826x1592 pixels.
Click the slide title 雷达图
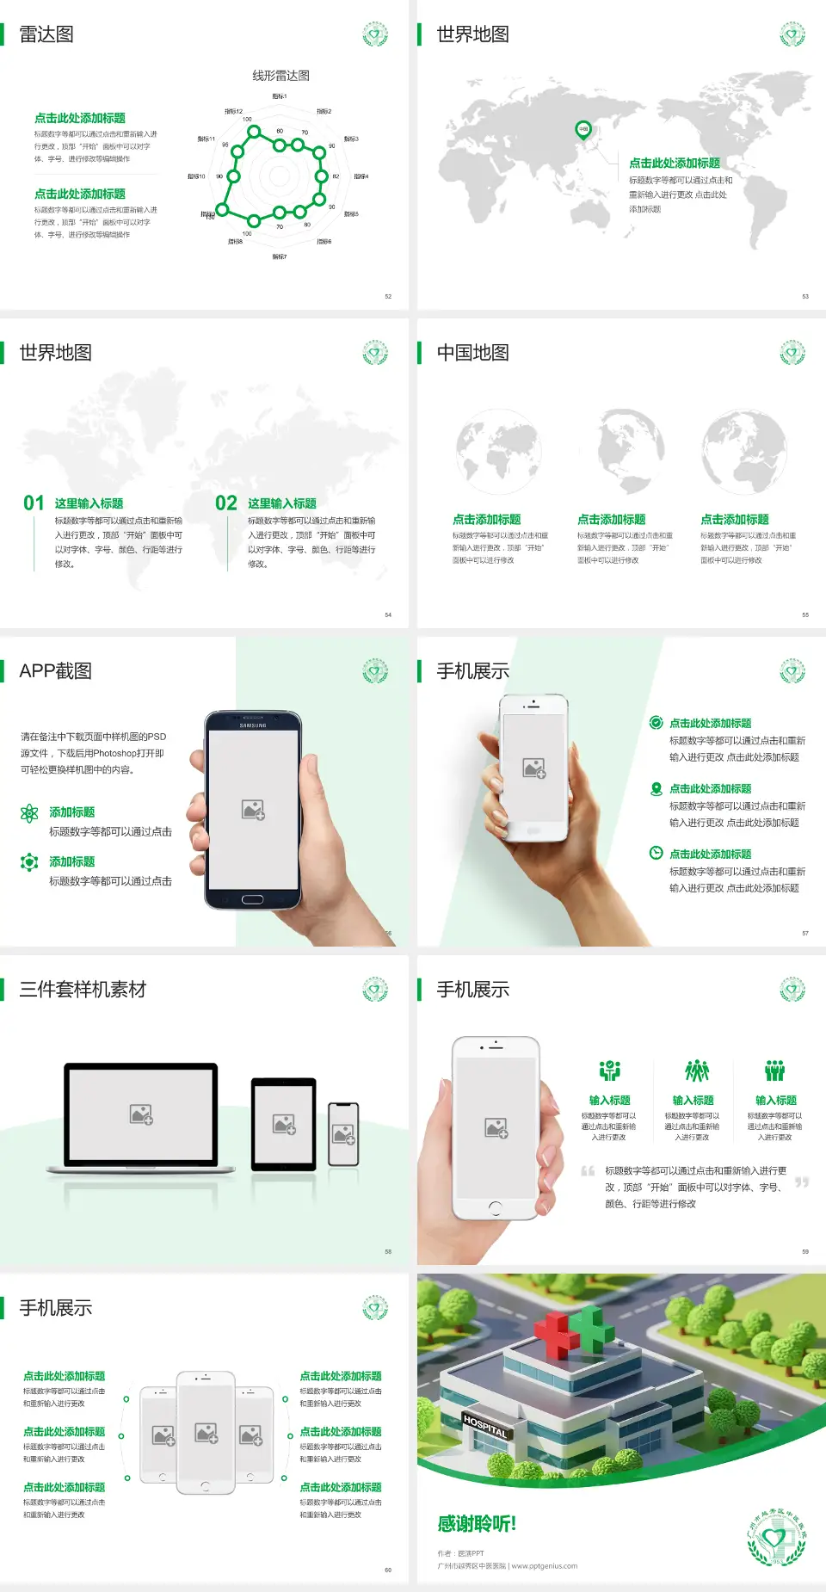[x=46, y=34]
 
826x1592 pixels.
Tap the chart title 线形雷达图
[x=280, y=76]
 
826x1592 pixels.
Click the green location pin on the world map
[x=583, y=130]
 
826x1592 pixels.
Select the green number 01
[x=34, y=503]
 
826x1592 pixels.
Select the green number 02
[x=226, y=503]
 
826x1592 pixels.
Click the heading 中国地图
[x=472, y=353]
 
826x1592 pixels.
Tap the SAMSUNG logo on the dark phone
[x=253, y=725]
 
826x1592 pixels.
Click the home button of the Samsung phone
[x=252, y=899]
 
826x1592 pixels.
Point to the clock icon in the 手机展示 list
[x=656, y=853]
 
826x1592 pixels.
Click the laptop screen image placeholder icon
[x=141, y=1114]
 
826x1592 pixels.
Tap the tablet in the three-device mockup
[x=284, y=1124]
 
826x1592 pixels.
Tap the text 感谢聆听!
[x=477, y=1524]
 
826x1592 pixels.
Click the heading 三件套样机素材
[x=83, y=990]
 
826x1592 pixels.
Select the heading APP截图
[x=55, y=671]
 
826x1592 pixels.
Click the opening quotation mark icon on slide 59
[x=588, y=1171]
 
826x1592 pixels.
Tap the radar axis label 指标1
[x=279, y=96]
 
